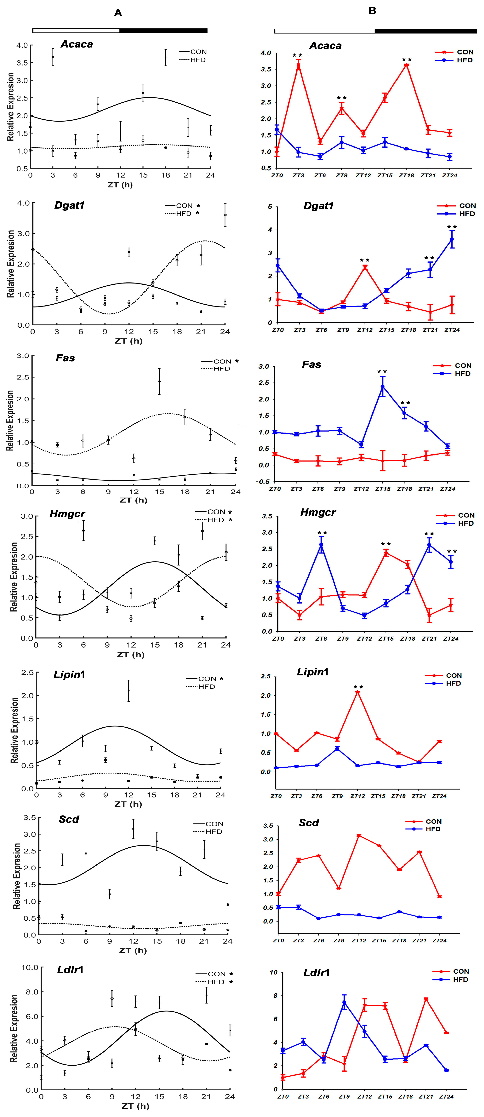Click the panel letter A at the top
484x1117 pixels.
[x=118, y=13]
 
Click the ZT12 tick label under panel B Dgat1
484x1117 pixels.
[x=365, y=330]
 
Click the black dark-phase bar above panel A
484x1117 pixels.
[x=163, y=30]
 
